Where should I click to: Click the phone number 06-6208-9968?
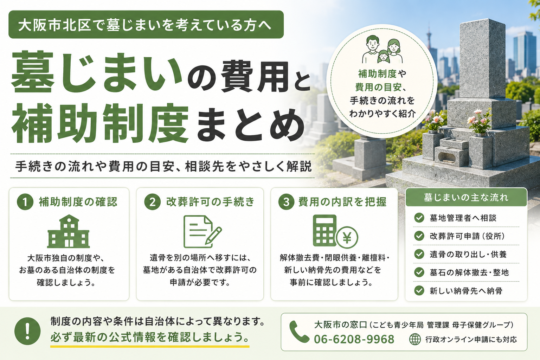pos(354,339)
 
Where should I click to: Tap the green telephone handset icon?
pos(299,332)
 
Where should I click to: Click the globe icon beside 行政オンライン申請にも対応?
pos(415,340)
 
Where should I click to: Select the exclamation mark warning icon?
pos(27,331)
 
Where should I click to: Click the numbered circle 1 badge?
pos(25,202)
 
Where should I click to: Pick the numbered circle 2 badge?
pos(152,202)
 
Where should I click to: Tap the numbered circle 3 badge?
pos(286,202)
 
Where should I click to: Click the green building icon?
pos(69,231)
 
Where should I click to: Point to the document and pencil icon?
pos(202,231)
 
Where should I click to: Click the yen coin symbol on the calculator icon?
pos(347,238)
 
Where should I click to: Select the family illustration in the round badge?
pos(382,50)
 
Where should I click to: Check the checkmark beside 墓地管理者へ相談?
pos(419,218)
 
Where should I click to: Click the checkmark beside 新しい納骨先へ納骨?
pos(419,290)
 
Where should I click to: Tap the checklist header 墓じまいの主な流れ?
pos(466,198)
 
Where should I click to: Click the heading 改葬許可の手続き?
pos(210,202)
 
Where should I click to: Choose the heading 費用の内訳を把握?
pos(342,202)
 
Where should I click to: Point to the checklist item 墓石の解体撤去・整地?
pos(469,272)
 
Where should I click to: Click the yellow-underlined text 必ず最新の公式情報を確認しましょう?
pos(150,337)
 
